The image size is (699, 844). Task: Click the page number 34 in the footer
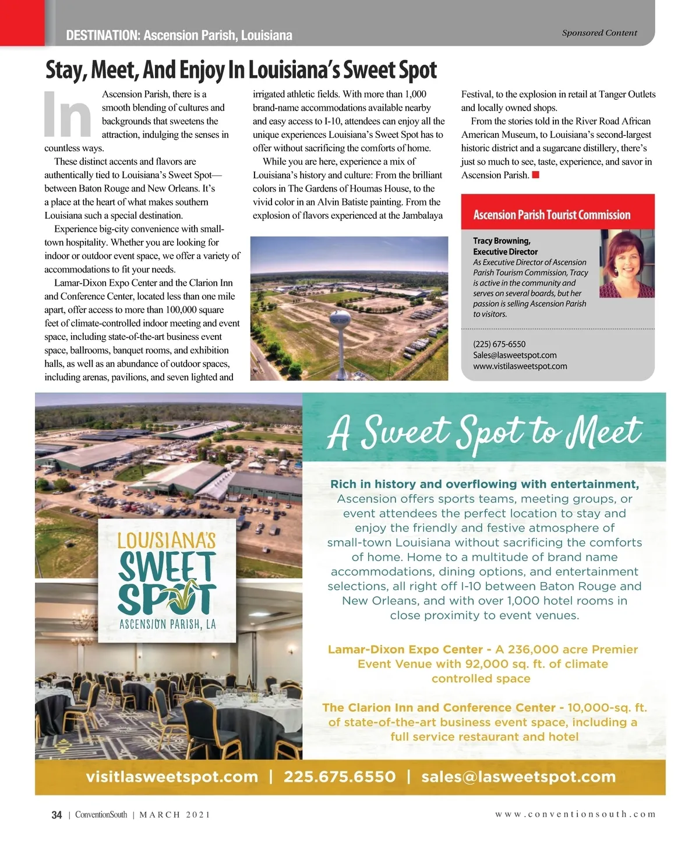pos(57,815)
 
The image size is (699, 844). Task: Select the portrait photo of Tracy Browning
pos(627,264)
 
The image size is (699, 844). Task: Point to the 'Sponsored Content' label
pos(599,33)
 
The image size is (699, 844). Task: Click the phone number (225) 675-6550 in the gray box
pos(499,344)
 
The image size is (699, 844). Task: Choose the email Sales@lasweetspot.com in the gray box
pos(514,355)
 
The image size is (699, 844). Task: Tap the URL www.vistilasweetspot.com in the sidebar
pos(520,366)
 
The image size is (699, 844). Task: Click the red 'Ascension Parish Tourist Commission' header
pos(552,215)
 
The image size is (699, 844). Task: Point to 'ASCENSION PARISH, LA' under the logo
pos(167,625)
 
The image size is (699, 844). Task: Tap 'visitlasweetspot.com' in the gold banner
pos(172,777)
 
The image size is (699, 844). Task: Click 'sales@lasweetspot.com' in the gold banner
pos(518,777)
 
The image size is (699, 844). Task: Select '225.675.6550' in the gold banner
pos(340,777)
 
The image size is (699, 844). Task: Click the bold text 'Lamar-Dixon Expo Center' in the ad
pos(405,650)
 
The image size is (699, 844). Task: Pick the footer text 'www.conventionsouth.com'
pos(576,814)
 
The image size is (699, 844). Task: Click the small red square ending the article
pos(536,175)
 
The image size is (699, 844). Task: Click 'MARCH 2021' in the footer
pos(175,815)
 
